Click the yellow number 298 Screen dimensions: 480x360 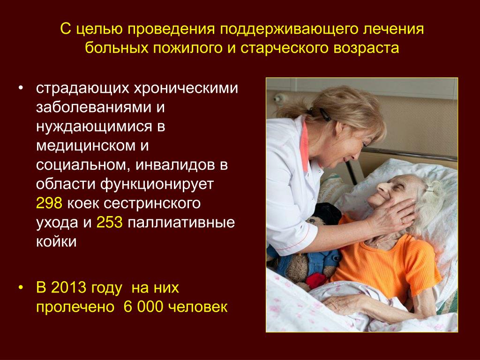click(x=49, y=203)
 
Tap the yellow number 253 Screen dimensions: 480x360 click(x=110, y=222)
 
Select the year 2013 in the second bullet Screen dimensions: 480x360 click(x=68, y=288)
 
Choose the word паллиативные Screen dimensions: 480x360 click(x=181, y=223)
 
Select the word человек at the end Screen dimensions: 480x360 click(x=198, y=307)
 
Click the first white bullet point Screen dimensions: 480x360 click(x=21, y=88)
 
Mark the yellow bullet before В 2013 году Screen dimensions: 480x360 click(x=21, y=288)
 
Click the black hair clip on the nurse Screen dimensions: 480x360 click(x=324, y=114)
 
